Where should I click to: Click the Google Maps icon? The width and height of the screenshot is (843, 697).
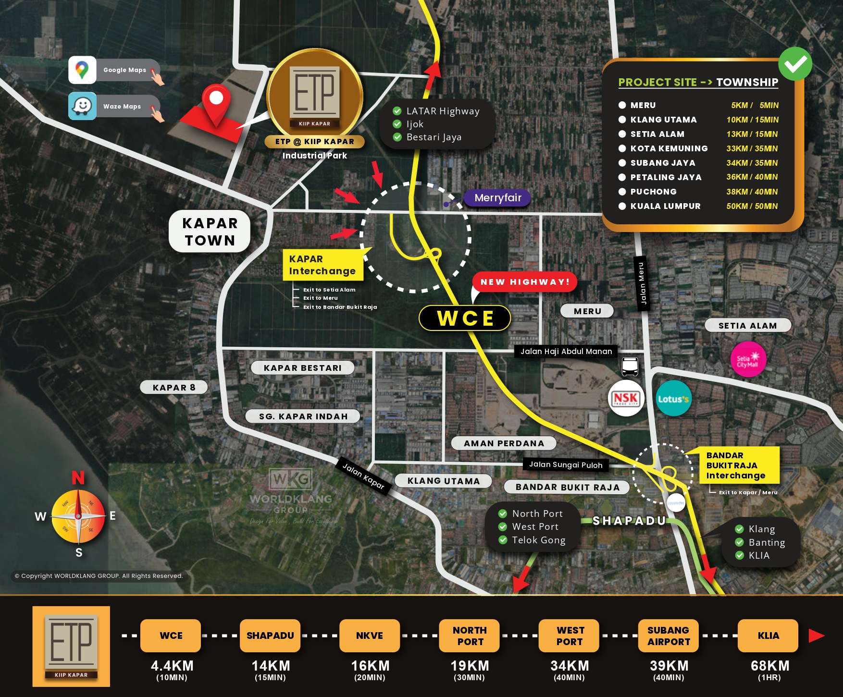click(x=82, y=70)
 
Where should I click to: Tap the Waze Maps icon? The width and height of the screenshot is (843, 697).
click(x=82, y=106)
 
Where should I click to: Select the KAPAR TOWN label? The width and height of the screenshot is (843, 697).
click(x=210, y=232)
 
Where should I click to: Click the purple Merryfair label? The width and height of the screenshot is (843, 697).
click(x=497, y=198)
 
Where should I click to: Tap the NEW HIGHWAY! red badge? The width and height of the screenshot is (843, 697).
click(x=525, y=282)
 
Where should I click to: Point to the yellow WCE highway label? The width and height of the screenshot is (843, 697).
click(x=465, y=318)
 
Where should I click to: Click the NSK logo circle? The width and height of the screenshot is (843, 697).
click(x=625, y=398)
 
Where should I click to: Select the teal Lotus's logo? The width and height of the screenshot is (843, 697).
click(x=673, y=399)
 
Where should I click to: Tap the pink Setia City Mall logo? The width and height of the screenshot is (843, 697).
click(x=748, y=359)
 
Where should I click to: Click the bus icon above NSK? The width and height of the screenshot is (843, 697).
click(x=630, y=367)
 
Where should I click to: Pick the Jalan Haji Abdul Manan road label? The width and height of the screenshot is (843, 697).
click(x=566, y=352)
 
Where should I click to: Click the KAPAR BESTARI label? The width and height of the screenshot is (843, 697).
click(x=302, y=368)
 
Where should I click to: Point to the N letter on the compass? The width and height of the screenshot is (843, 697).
click(x=78, y=477)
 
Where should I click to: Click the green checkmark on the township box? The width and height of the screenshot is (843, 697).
click(x=795, y=64)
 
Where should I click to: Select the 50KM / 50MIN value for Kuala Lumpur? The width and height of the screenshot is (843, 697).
click(x=752, y=206)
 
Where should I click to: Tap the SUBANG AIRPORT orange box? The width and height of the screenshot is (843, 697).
click(x=669, y=636)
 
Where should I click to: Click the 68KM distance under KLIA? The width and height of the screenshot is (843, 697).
click(x=769, y=666)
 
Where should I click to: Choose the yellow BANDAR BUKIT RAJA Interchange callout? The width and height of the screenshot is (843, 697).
click(x=735, y=465)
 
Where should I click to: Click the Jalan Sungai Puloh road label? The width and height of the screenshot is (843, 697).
click(x=565, y=465)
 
